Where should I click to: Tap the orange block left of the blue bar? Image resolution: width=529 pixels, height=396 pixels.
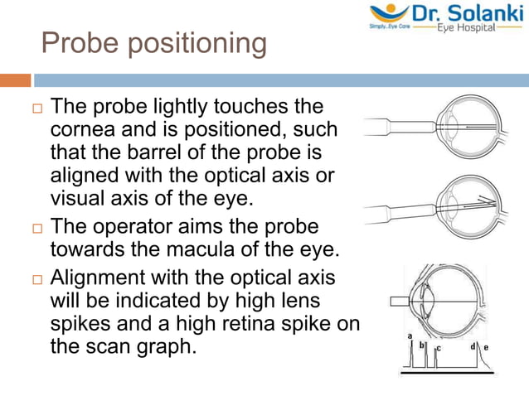(15, 80)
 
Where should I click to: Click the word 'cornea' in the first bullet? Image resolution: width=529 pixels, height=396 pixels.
(81, 131)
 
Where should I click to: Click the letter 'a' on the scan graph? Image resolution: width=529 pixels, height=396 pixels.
(410, 335)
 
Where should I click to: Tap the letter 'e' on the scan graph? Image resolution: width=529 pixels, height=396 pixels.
(485, 346)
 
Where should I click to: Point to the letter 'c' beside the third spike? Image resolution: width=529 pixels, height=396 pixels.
(438, 349)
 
